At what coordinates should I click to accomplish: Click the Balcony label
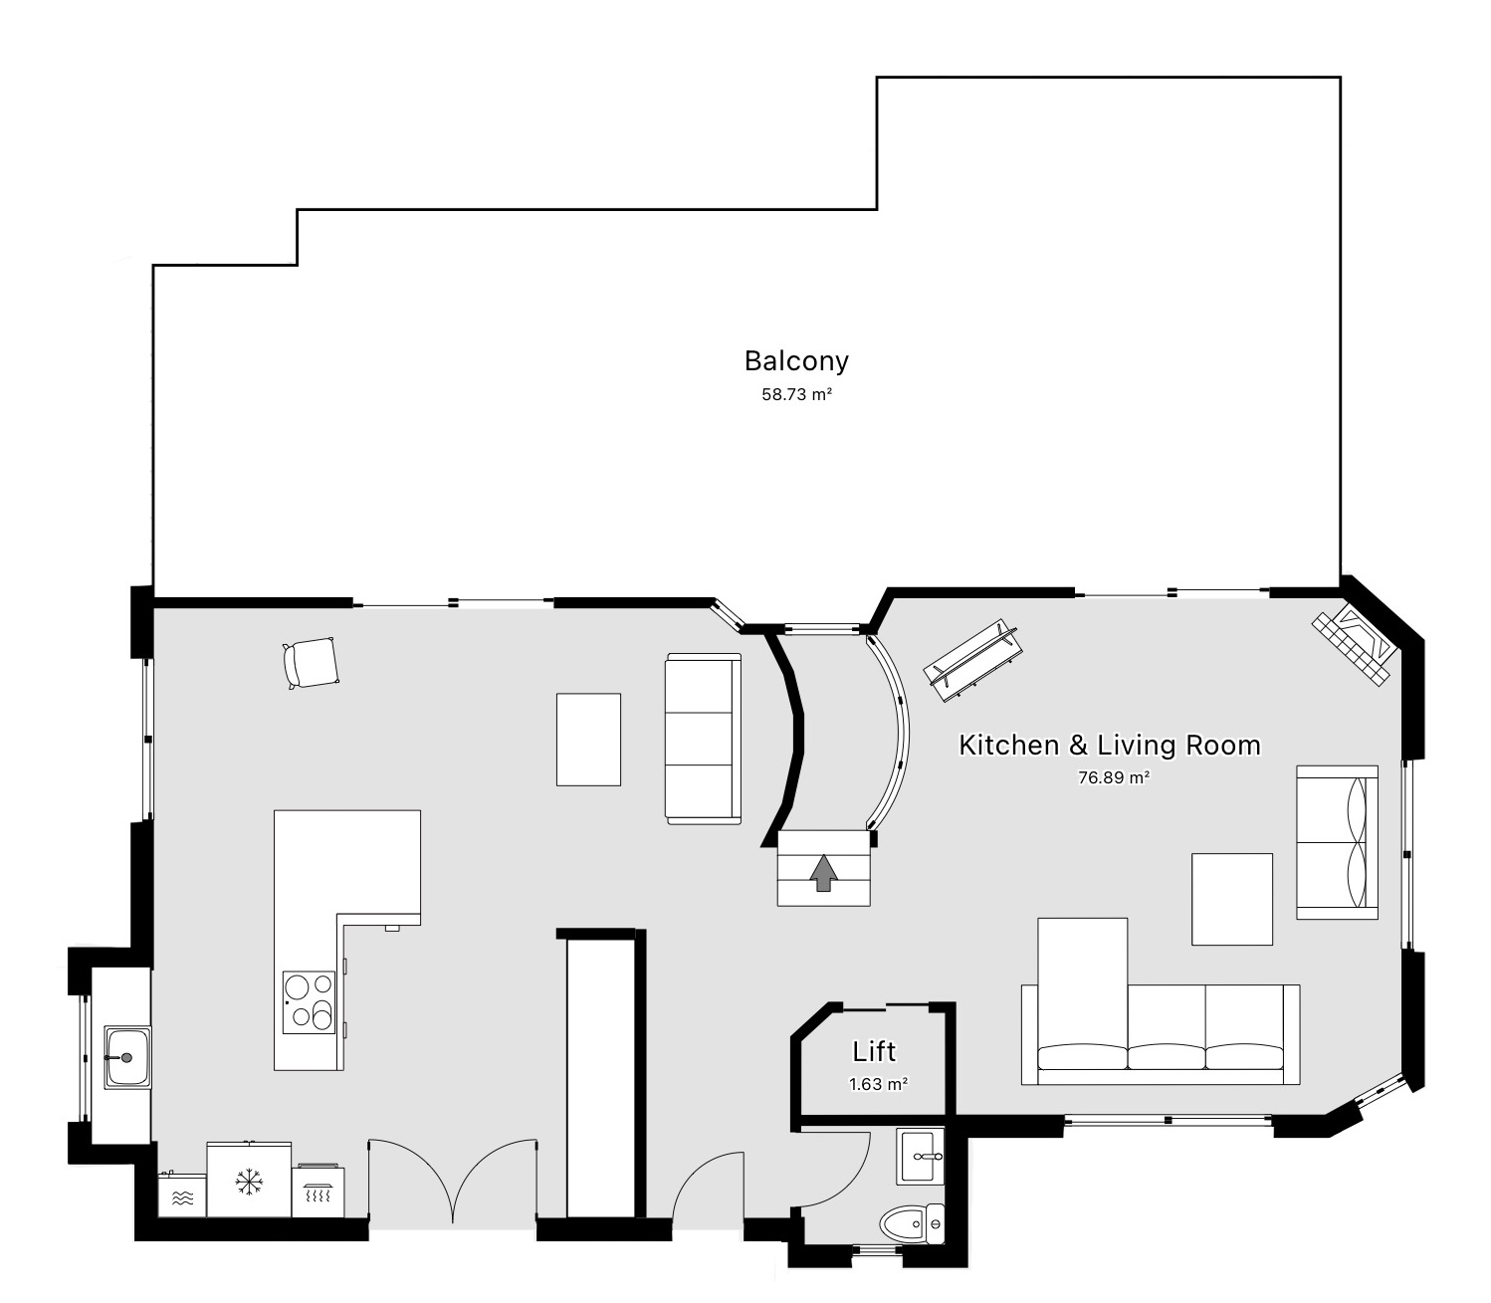796,360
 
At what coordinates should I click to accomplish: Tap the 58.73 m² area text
796,394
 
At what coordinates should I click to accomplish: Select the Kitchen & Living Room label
1109,745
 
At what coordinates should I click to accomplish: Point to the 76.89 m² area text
1114,777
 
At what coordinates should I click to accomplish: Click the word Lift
874,1051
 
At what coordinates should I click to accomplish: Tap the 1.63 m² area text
878,1084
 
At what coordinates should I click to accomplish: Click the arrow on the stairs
823,873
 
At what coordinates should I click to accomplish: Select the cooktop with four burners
309,1001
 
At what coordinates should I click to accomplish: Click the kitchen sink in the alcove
126,1057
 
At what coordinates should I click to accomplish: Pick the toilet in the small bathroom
911,1222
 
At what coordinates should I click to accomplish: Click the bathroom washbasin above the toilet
921,1157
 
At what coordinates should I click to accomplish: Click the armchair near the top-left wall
311,663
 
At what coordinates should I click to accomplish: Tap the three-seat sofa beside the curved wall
704,739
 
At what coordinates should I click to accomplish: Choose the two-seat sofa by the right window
1337,842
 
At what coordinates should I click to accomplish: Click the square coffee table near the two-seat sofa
1232,899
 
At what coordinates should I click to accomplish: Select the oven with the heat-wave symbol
318,1192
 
